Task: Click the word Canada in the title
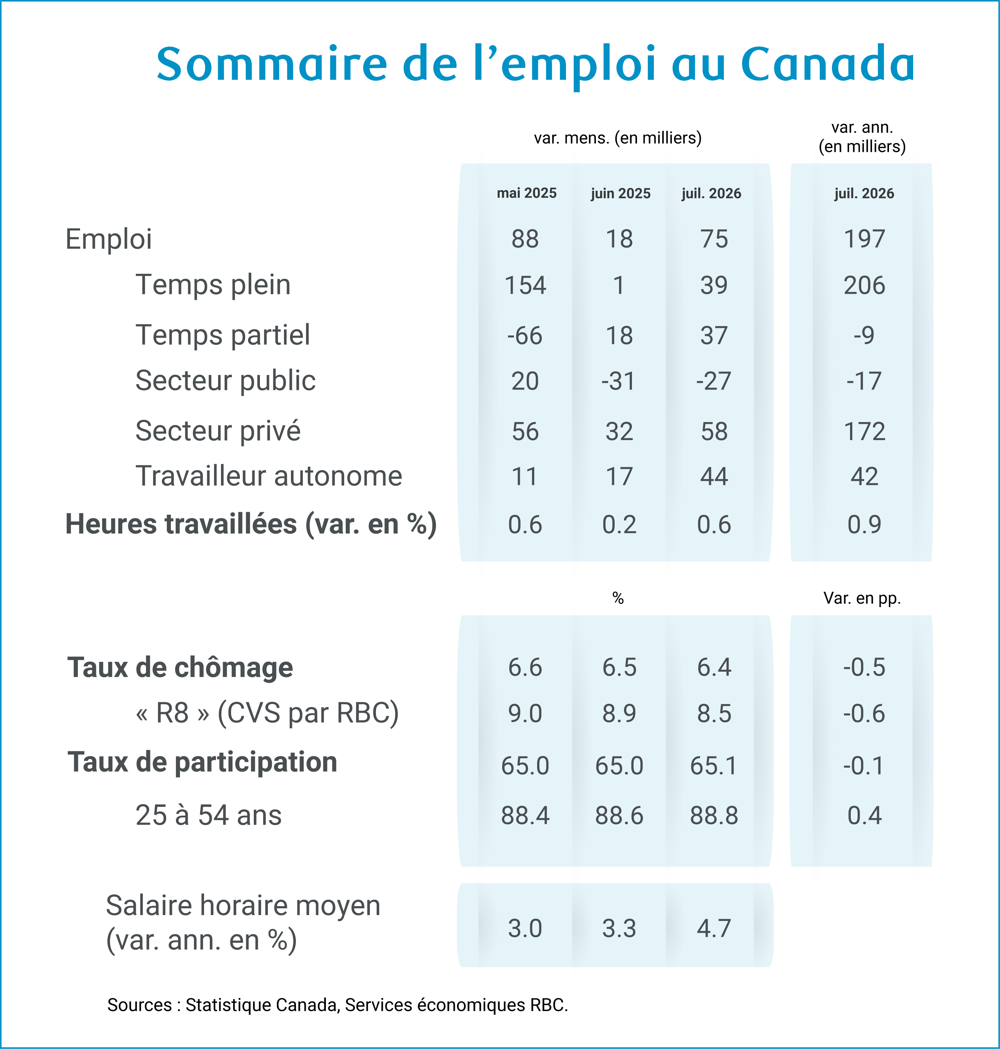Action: (x=828, y=63)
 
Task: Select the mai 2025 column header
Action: (x=527, y=193)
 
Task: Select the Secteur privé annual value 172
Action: (x=864, y=431)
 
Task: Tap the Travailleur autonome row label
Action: (x=269, y=476)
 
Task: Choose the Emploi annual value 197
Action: (x=864, y=239)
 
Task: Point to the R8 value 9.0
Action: (x=525, y=714)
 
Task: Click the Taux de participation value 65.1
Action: (x=714, y=766)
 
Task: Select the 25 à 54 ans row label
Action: (x=208, y=815)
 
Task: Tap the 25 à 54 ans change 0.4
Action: (x=864, y=815)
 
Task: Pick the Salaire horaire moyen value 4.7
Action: (x=714, y=929)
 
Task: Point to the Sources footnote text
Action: (x=337, y=1005)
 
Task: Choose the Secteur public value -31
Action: (x=619, y=381)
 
